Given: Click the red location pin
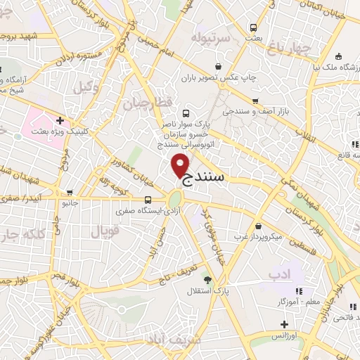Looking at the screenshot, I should (x=181, y=164).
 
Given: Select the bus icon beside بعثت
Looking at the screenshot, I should (x=253, y=28).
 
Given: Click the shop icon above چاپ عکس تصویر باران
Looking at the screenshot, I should (x=219, y=67).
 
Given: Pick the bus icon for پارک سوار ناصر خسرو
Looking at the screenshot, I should (x=186, y=113).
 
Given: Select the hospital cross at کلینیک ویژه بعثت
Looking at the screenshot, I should (x=60, y=120).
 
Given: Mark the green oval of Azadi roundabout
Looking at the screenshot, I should (x=174, y=201).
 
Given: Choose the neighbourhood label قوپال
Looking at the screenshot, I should (x=105, y=231).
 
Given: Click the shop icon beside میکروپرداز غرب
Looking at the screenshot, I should (x=259, y=226).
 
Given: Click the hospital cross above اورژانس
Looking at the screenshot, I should (x=284, y=324).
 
